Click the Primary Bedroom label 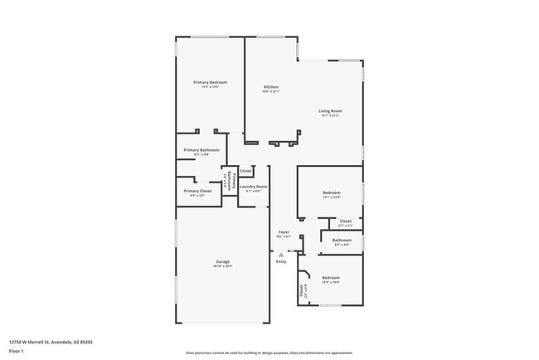(x=210, y=82)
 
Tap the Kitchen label (x=270, y=87)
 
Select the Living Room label (x=330, y=110)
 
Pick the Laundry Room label (x=253, y=187)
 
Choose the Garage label (x=222, y=261)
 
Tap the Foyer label (x=284, y=232)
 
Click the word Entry (x=281, y=261)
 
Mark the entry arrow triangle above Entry (x=281, y=253)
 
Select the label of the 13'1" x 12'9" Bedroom (x=331, y=192)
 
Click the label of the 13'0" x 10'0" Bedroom (x=331, y=277)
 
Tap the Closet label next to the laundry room (x=246, y=171)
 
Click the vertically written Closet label (x=301, y=290)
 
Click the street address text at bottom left (x=51, y=341)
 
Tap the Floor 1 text (x=17, y=351)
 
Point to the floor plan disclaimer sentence (x=269, y=352)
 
